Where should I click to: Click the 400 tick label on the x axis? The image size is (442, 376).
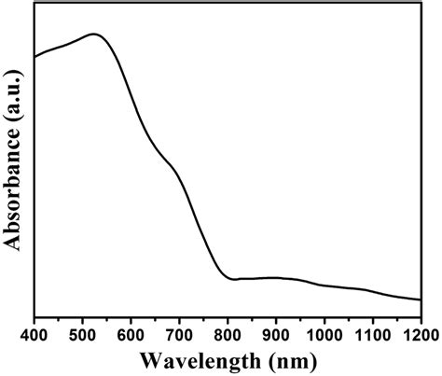pyautogui.click(x=35, y=332)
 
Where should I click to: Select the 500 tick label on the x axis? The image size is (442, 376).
pyautogui.click(x=82, y=332)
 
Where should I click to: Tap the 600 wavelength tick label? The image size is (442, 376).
pyautogui.click(x=131, y=332)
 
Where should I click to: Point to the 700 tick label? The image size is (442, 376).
pyautogui.click(x=179, y=332)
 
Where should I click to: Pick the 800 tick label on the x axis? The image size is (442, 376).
pyautogui.click(x=228, y=332)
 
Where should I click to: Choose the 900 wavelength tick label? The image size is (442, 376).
pyautogui.click(x=276, y=332)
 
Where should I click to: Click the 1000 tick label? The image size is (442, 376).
pyautogui.click(x=325, y=332)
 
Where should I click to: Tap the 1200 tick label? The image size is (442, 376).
pyautogui.click(x=420, y=332)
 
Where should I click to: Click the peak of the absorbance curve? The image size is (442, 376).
pyautogui.click(x=94, y=34)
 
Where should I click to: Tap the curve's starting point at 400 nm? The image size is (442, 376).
pyautogui.click(x=35, y=57)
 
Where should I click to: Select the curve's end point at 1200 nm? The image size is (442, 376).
pyautogui.click(x=421, y=299)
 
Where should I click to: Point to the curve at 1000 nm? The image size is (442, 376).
pyautogui.click(x=325, y=285)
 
